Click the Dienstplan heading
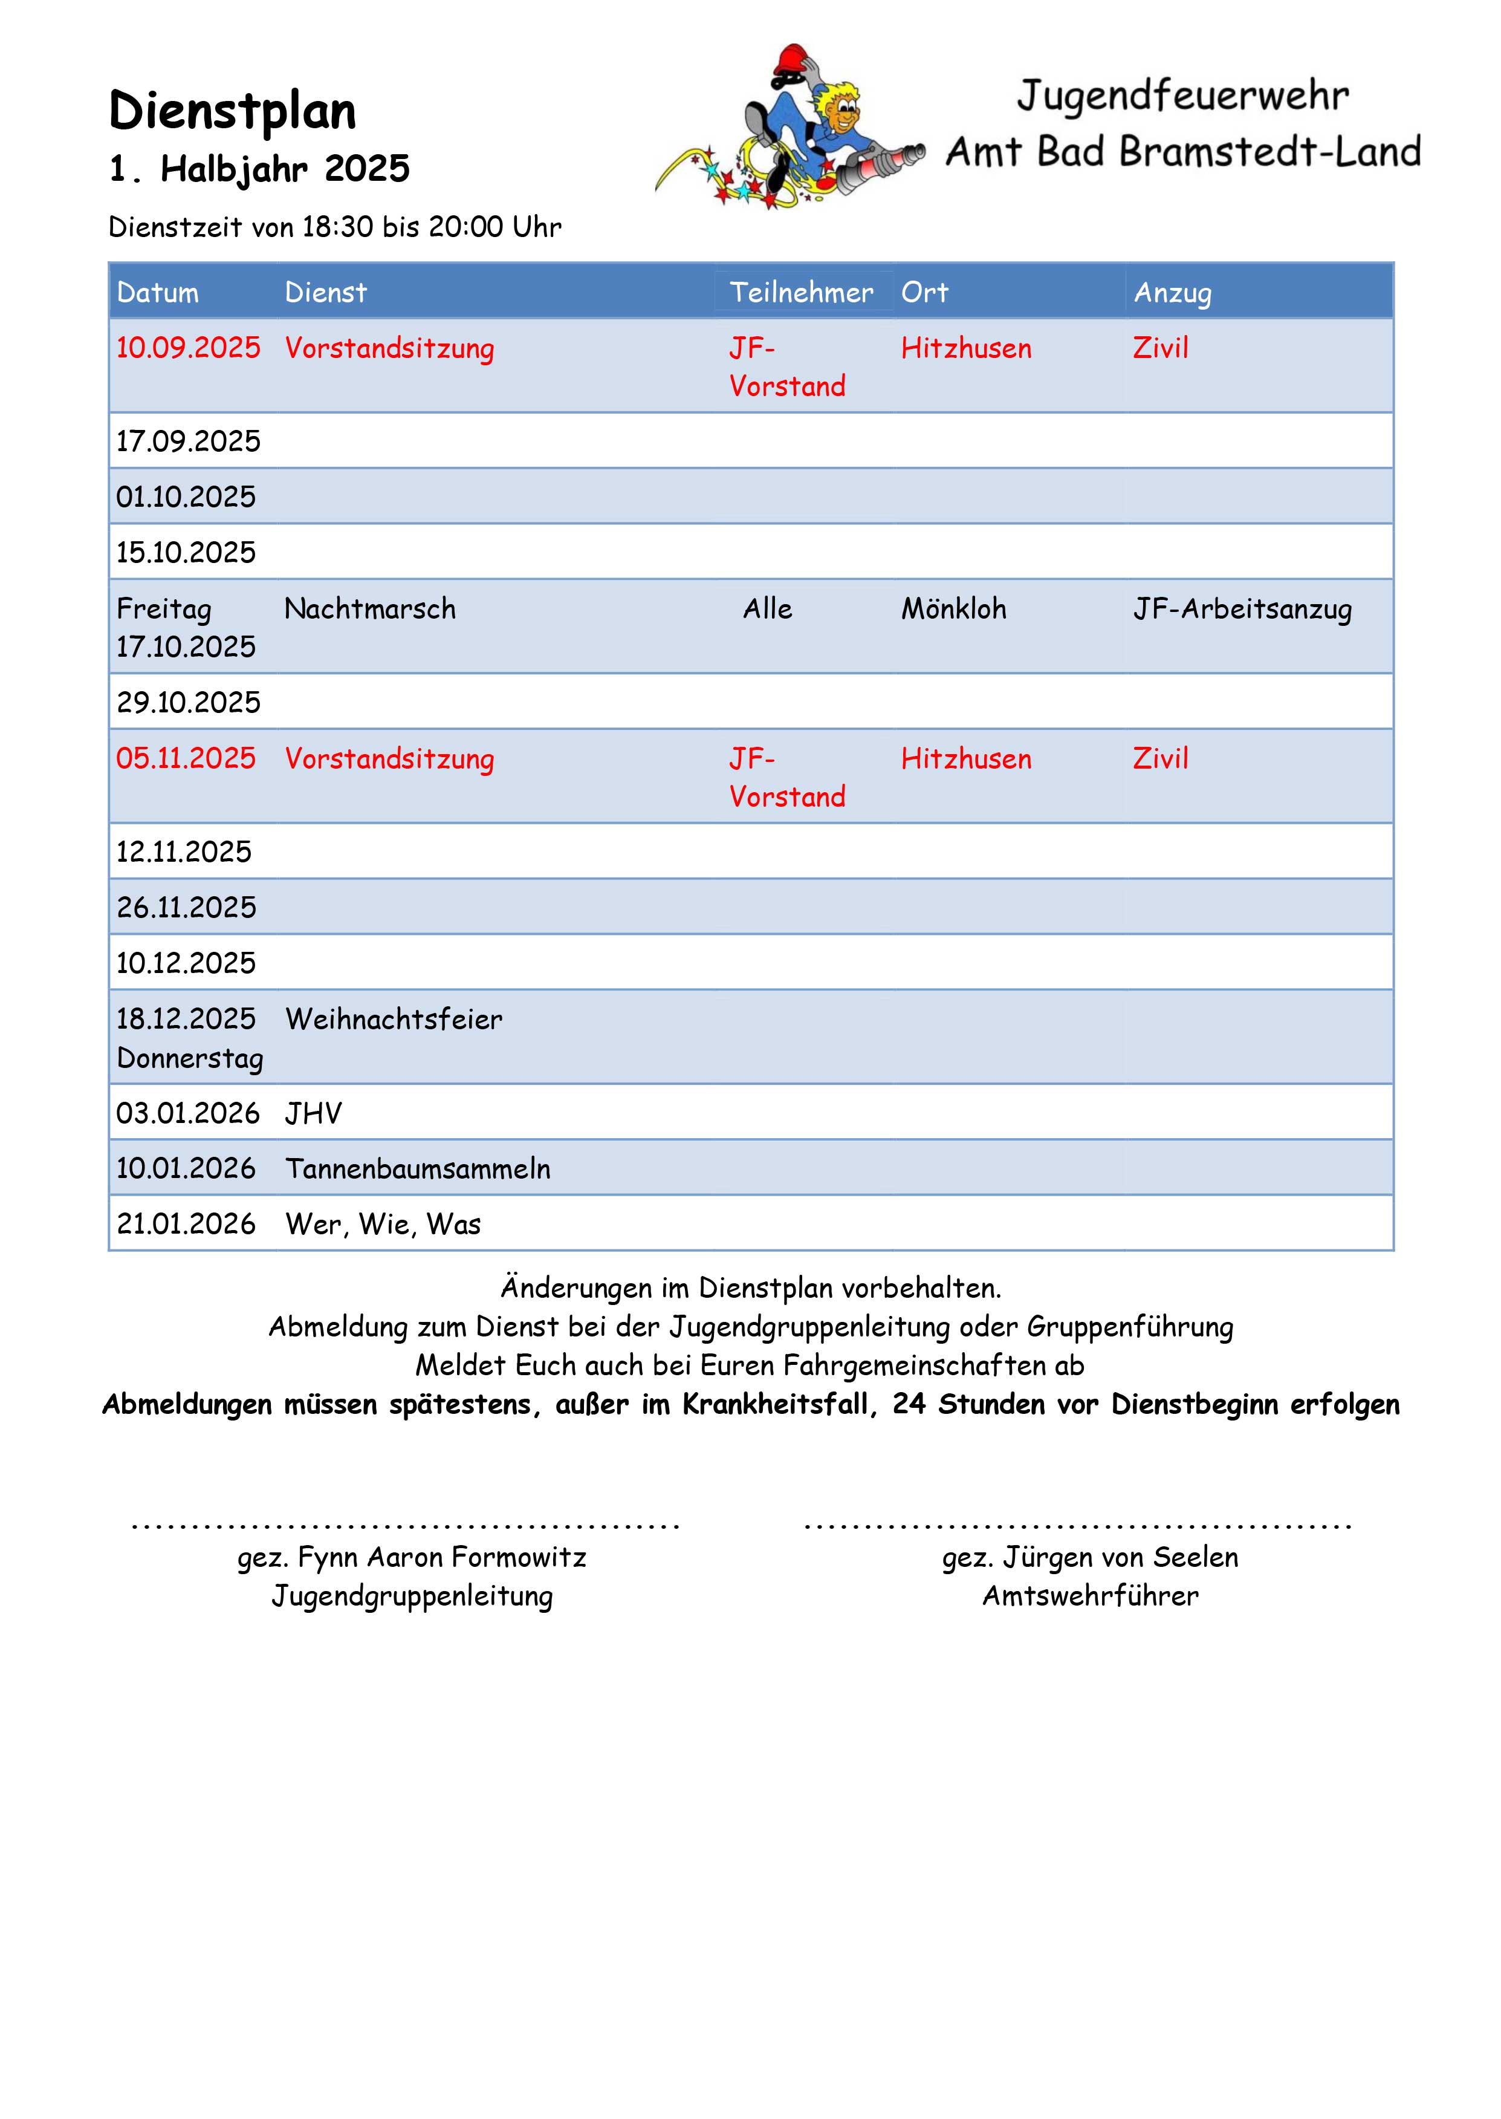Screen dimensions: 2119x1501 (232, 112)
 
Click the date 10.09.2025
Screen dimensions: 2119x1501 (189, 348)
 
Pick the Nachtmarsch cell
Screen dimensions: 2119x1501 (370, 608)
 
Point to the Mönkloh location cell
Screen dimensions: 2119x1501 (954, 608)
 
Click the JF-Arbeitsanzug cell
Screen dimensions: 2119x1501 (1242, 609)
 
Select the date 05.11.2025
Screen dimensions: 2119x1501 (186, 758)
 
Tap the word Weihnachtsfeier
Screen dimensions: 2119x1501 (394, 1019)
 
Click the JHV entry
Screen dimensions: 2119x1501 (313, 1113)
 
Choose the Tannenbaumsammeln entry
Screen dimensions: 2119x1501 (418, 1168)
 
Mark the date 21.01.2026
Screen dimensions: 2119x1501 (186, 1224)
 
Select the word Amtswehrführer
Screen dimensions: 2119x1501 (1091, 1596)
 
